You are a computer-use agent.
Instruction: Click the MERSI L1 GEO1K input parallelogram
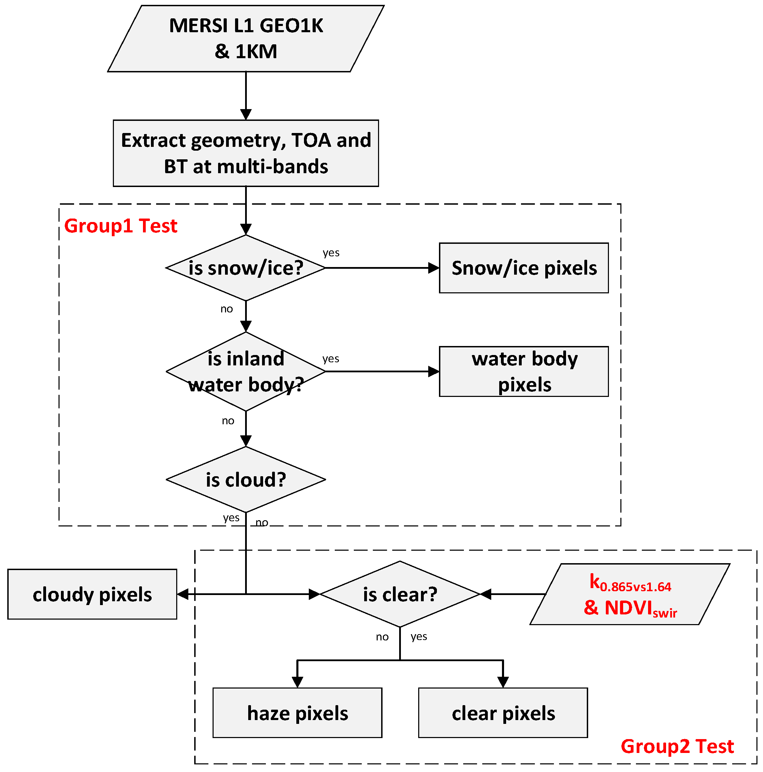tap(246, 38)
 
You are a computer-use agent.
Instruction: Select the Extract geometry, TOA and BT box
tap(246, 153)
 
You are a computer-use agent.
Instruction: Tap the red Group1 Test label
tap(120, 226)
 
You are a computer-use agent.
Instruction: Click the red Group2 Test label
tap(677, 746)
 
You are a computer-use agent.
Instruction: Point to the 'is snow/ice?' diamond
tap(246, 268)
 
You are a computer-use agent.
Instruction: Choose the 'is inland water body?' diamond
tap(246, 371)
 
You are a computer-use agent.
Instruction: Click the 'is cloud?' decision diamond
tap(246, 479)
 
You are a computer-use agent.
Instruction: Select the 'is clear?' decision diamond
tap(400, 594)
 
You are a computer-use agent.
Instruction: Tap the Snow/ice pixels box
tap(523, 268)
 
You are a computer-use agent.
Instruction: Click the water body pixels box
tap(523, 371)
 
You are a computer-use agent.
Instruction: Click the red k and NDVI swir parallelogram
tap(630, 594)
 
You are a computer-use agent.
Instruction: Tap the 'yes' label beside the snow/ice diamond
tap(331, 252)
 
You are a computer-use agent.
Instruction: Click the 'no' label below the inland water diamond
tap(228, 420)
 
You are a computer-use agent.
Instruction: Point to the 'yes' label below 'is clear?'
tap(418, 636)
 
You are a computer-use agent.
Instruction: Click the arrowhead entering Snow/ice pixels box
tap(434, 268)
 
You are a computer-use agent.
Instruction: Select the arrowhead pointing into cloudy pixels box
tap(183, 594)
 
